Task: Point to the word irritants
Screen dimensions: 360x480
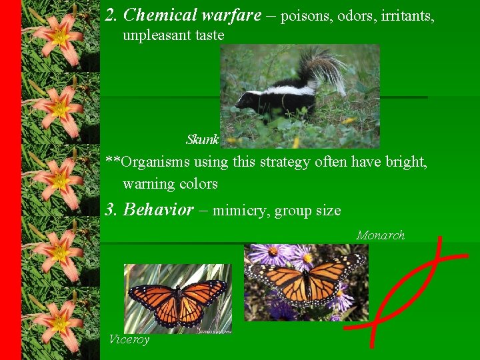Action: point(407,15)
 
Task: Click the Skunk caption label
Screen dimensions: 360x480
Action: point(203,140)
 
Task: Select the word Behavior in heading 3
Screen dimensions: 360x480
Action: point(159,210)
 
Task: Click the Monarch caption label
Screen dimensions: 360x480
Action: point(381,235)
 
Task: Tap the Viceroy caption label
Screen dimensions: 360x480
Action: point(129,339)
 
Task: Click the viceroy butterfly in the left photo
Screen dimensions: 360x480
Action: point(177,300)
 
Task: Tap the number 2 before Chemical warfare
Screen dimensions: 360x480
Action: point(111,15)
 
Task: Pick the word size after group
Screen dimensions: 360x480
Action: point(327,211)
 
